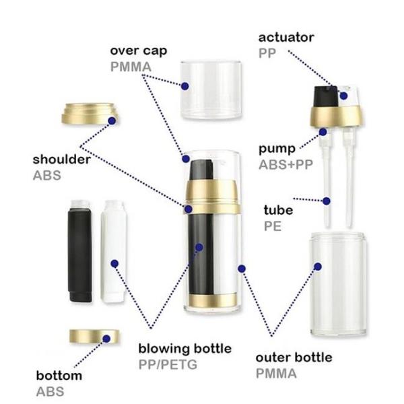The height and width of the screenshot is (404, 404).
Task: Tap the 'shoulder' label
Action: tap(61, 160)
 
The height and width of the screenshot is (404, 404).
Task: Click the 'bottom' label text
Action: tap(59, 375)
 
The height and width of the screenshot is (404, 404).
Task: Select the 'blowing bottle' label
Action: tap(184, 349)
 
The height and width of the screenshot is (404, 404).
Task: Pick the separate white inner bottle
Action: tap(114, 256)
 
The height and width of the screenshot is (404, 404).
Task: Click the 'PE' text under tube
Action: tap(271, 227)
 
